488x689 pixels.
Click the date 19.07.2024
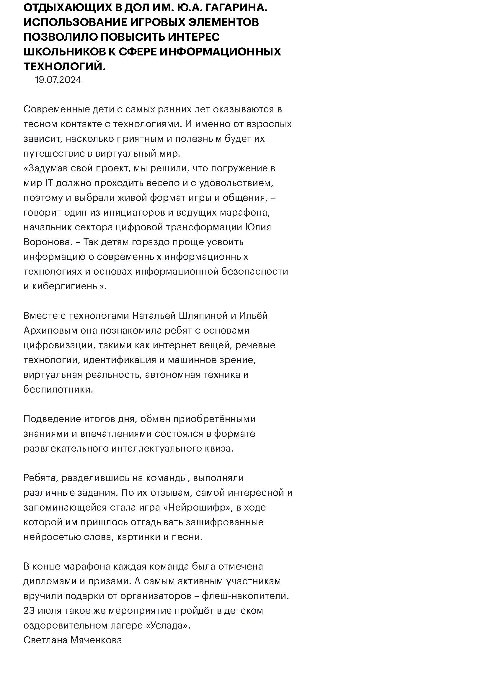click(x=58, y=80)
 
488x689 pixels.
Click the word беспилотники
click(x=58, y=389)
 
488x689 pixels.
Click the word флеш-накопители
click(x=245, y=596)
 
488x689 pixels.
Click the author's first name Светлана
click(x=45, y=640)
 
